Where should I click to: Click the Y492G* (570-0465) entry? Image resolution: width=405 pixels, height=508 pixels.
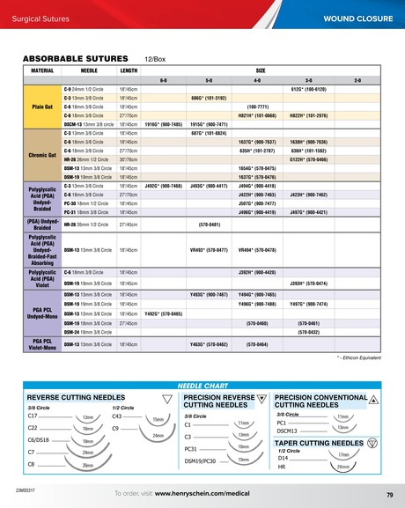(x=162, y=313)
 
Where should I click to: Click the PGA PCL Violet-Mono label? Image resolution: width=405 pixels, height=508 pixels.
(x=42, y=344)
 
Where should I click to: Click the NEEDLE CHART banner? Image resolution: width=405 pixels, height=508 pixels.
(x=202, y=386)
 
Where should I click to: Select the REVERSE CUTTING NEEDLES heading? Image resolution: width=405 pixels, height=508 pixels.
(x=76, y=397)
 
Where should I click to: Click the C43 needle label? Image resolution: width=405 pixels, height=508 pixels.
(x=118, y=415)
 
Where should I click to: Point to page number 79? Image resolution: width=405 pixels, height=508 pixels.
(x=388, y=494)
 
